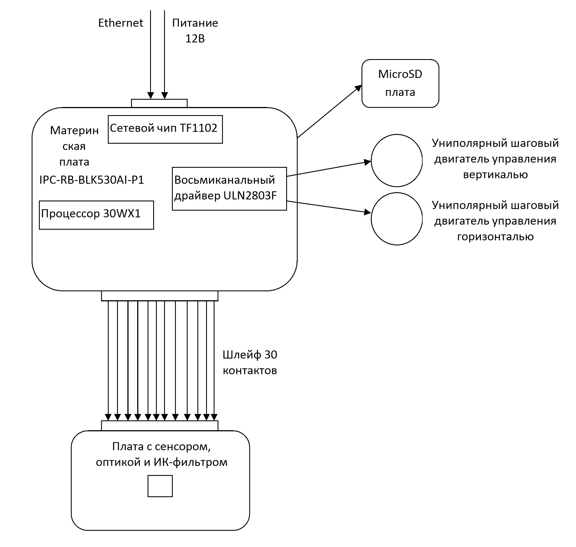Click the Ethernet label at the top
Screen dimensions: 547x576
[120, 23]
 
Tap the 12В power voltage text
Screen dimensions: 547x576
[195, 38]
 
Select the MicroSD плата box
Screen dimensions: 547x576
[400, 83]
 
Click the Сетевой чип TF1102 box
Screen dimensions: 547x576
[165, 129]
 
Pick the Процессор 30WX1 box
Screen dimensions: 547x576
[96, 215]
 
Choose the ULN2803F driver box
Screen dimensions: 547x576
[229, 188]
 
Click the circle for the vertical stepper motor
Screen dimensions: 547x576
[397, 160]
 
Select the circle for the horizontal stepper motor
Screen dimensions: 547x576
[397, 219]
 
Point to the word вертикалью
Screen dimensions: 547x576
[495, 175]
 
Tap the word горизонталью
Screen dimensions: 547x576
[495, 236]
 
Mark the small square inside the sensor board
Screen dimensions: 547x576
[160, 486]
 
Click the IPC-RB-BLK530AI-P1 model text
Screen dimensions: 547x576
[92, 180]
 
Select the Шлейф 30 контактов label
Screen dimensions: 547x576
[249, 362]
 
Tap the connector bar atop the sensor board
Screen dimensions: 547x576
[159, 425]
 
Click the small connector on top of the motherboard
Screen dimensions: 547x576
[159, 103]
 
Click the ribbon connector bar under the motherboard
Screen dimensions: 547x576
[159, 296]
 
